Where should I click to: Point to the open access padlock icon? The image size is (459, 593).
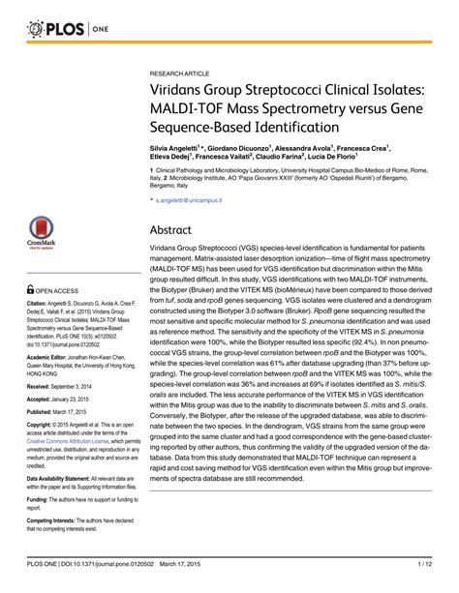31,289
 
